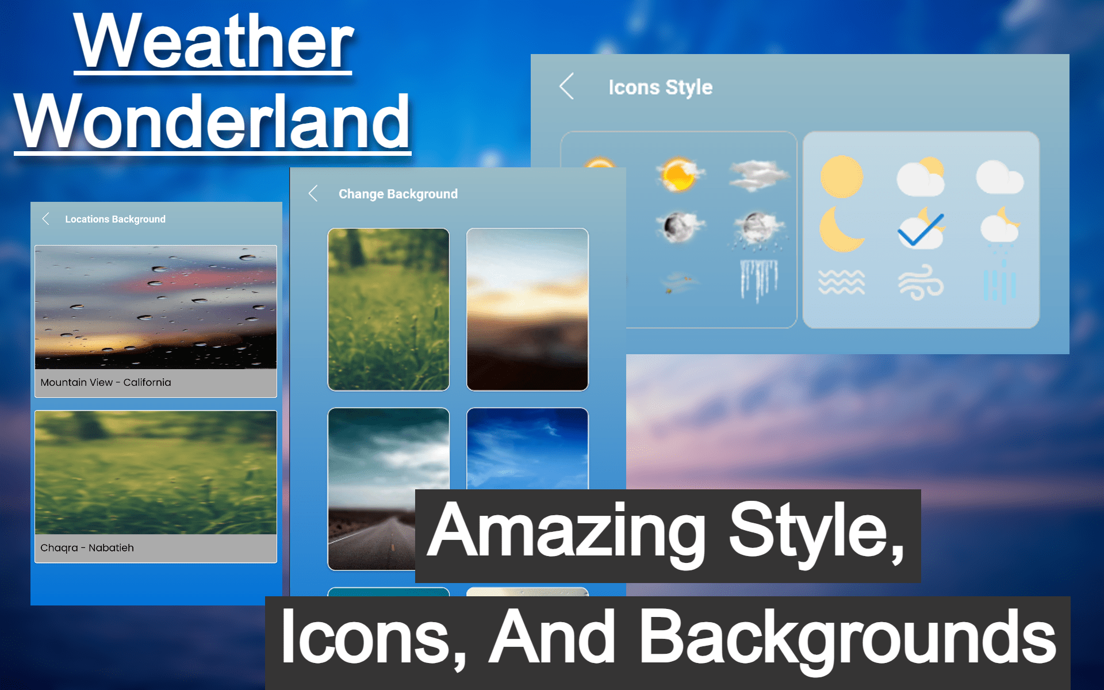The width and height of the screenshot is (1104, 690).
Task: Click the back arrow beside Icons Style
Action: coord(566,86)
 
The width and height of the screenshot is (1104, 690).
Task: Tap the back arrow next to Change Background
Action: coord(313,193)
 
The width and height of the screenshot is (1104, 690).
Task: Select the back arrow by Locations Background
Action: coord(45,218)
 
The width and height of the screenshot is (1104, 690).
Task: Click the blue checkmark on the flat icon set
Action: coord(921,229)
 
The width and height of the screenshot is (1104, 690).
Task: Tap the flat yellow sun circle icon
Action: coord(842,177)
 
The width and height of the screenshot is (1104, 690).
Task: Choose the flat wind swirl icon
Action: coord(921,282)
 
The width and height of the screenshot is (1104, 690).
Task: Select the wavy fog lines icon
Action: coord(841,282)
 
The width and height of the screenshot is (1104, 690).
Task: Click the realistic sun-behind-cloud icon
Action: coord(680,174)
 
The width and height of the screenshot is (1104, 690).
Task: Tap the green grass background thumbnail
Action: coord(388,309)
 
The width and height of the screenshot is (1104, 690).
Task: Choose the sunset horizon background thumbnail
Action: coord(527,309)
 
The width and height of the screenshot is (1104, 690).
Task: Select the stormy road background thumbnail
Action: coord(371,489)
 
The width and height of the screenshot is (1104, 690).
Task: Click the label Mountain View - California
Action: coord(106,382)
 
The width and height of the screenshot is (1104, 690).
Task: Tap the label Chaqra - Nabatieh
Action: coord(87,548)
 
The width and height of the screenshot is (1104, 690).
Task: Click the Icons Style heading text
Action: coord(661,87)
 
